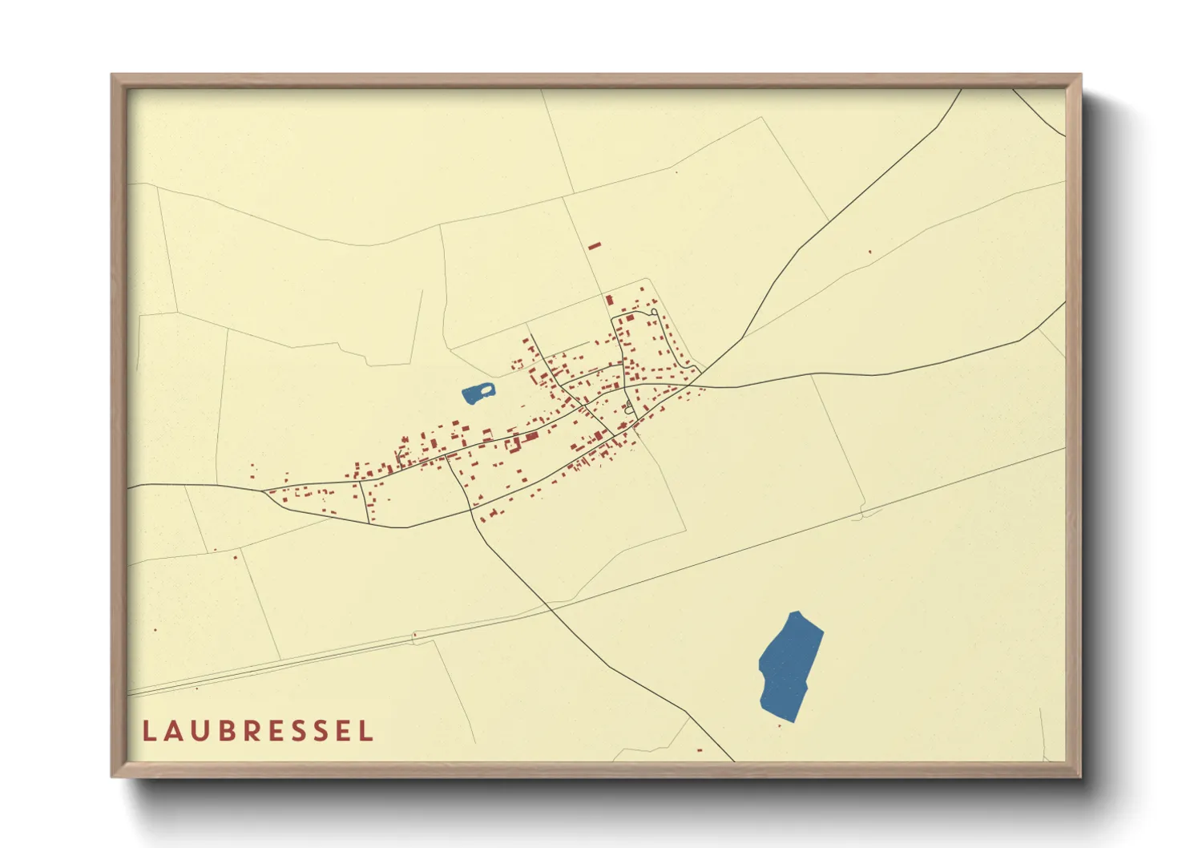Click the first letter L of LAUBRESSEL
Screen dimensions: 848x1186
(148, 731)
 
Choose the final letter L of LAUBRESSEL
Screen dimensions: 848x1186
(367, 731)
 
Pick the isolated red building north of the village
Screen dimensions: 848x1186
(594, 246)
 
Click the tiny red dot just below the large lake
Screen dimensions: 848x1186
(780, 726)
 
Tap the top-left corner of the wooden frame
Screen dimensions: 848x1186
(113, 76)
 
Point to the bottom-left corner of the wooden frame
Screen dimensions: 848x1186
(113, 775)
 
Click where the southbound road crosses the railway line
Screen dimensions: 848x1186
(550, 609)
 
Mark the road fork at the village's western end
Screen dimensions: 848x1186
(264, 490)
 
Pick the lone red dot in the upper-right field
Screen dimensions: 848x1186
(869, 252)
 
